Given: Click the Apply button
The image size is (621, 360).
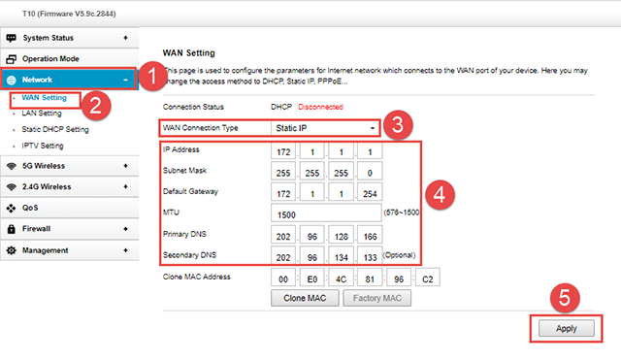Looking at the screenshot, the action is coord(567,328).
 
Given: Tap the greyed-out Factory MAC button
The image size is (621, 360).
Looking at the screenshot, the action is coord(377,298).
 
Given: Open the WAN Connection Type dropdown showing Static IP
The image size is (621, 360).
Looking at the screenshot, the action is coord(325,128).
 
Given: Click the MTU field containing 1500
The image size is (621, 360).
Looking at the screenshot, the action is coord(326,213).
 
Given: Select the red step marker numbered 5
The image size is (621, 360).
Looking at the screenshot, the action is coord(565,298).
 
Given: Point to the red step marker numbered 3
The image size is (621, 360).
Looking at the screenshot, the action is coord(398,125).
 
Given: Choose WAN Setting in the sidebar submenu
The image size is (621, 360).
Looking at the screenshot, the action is coord(44,97).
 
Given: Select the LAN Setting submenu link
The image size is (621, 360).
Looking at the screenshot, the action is coord(42,114).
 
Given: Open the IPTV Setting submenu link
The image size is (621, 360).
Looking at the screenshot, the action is coord(43,146).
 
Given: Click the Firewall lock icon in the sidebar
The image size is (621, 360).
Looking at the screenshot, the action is coord(12,228).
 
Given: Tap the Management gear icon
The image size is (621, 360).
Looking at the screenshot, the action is coord(12,250).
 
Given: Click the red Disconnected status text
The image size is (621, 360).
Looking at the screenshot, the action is coord(320,107).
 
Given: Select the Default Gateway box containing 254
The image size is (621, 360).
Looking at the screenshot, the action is coord(370,192).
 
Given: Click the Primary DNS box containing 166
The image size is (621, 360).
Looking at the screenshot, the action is coord(370,235).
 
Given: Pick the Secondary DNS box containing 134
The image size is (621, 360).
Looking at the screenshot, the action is coord(341,256).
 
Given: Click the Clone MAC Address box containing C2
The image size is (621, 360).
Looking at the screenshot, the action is coord(427,278).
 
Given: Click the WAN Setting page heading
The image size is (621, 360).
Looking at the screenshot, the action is coord(189,53).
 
